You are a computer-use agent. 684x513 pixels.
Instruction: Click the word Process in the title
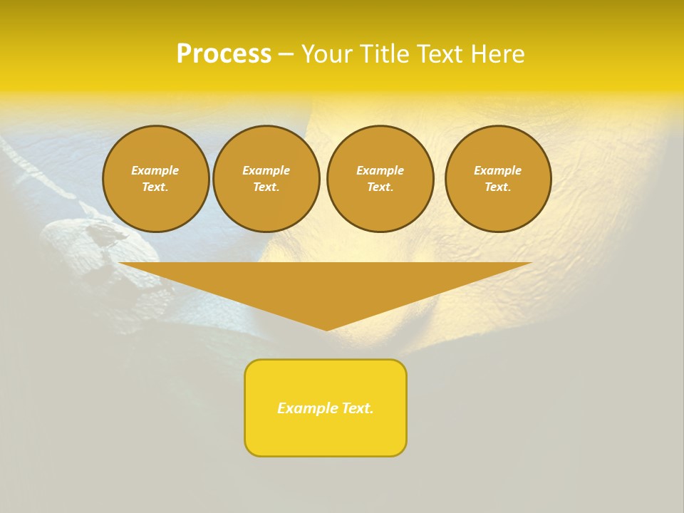[x=224, y=54]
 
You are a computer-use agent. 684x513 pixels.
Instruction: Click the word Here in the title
[x=498, y=54]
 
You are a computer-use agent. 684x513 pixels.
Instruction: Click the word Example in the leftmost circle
[x=155, y=170]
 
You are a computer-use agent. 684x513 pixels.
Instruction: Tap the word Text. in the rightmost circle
[x=498, y=187]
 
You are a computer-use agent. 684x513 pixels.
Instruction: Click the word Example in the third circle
[x=380, y=170]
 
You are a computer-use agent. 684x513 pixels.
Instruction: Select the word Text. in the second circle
[x=266, y=187]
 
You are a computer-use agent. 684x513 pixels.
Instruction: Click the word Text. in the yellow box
[x=358, y=408]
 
